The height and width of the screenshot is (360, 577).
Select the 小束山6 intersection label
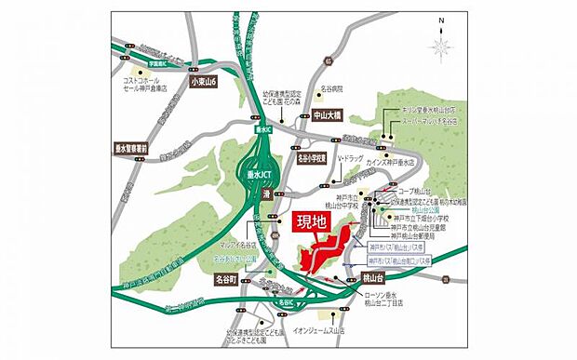(x=202, y=83)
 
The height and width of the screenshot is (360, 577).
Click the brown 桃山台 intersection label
(x=372, y=278)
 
